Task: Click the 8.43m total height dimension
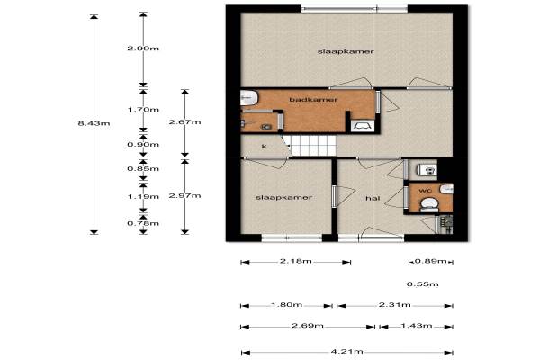point(94,123)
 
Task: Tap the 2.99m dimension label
point(143,49)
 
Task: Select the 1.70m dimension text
point(143,110)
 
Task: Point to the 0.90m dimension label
point(143,144)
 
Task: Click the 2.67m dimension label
point(184,122)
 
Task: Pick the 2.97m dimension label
point(184,195)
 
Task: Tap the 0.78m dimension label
point(143,223)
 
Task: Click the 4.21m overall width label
point(347,351)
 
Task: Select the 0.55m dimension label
point(423,284)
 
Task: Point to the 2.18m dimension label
point(296,261)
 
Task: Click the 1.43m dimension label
point(417,325)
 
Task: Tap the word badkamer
point(313,100)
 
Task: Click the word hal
point(373,198)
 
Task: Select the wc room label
point(426,191)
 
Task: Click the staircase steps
point(310,146)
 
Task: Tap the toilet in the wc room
point(429,204)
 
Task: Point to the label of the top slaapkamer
point(346,51)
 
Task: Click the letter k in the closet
point(264,147)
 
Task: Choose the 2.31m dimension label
point(395,304)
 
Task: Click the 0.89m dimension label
point(430,261)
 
